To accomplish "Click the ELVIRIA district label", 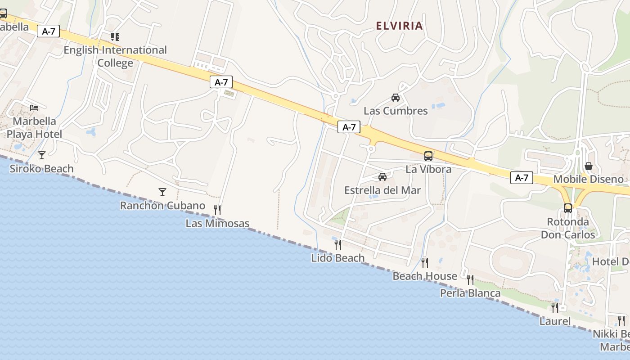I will click(x=400, y=26).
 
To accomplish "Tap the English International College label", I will click(x=115, y=56).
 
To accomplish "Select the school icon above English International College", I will click(x=115, y=37).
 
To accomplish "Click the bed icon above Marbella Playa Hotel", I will click(x=34, y=108).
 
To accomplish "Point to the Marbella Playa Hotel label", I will click(x=34, y=128).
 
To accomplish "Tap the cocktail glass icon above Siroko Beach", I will click(x=42, y=155).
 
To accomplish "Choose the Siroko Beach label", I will click(x=41, y=169).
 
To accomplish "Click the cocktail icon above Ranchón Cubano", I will click(x=162, y=192).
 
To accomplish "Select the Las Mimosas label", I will click(x=217, y=224).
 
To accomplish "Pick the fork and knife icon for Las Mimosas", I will click(x=217, y=210).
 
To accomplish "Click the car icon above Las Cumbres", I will click(x=396, y=98).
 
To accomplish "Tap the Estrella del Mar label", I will click(x=382, y=190).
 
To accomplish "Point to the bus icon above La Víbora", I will click(x=428, y=156).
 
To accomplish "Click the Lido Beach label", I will click(x=337, y=258).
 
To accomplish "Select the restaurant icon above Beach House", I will click(x=424, y=262).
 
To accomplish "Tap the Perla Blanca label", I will click(x=470, y=293).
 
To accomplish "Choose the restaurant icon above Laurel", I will click(x=555, y=308).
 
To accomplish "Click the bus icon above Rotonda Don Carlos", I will click(x=568, y=208).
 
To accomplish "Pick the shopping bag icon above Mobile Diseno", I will click(x=588, y=166).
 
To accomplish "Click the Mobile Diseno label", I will click(x=588, y=179).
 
